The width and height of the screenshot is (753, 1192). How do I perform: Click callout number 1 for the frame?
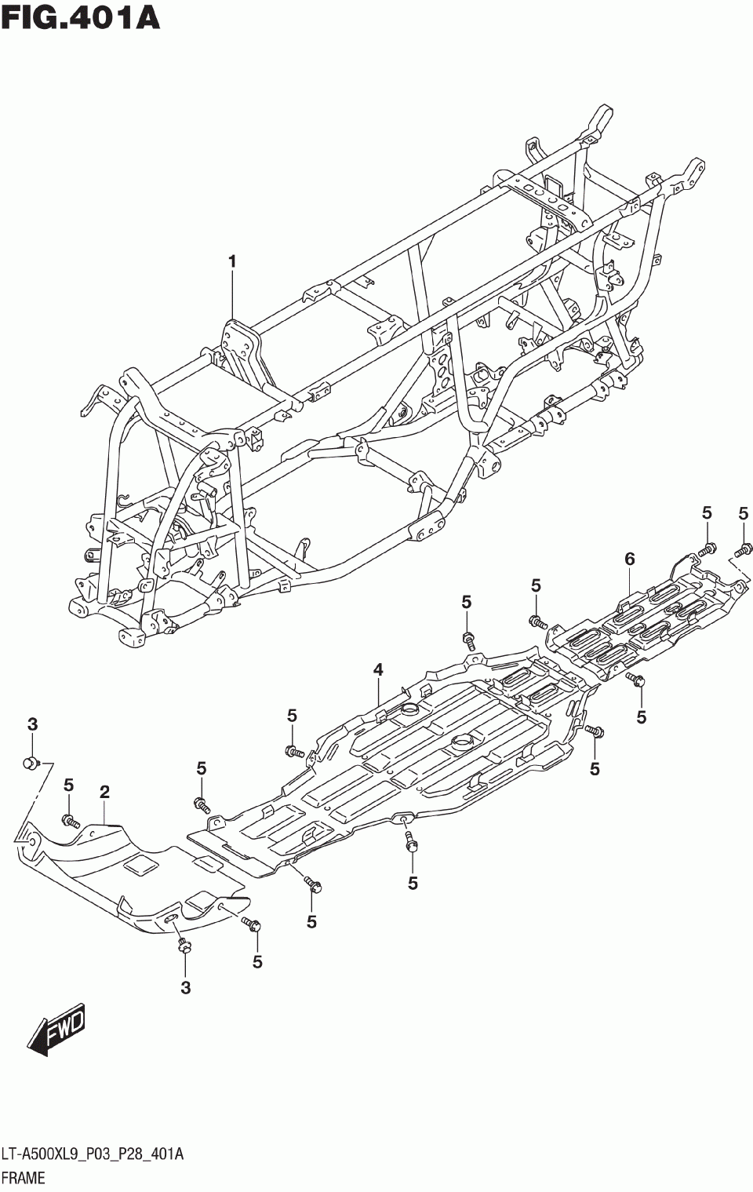232,261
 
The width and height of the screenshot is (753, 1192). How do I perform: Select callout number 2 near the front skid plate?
104,793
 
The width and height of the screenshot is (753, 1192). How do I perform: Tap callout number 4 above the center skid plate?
378,669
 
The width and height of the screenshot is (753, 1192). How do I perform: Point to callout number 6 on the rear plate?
629,559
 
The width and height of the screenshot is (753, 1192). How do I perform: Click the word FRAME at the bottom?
24,1177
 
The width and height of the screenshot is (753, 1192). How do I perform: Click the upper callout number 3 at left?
32,724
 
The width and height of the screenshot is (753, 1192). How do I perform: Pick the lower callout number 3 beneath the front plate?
186,988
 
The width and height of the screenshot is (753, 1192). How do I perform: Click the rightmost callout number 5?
743,514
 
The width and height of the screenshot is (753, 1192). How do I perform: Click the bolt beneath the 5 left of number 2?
70,821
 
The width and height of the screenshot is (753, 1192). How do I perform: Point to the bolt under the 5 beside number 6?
707,548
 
